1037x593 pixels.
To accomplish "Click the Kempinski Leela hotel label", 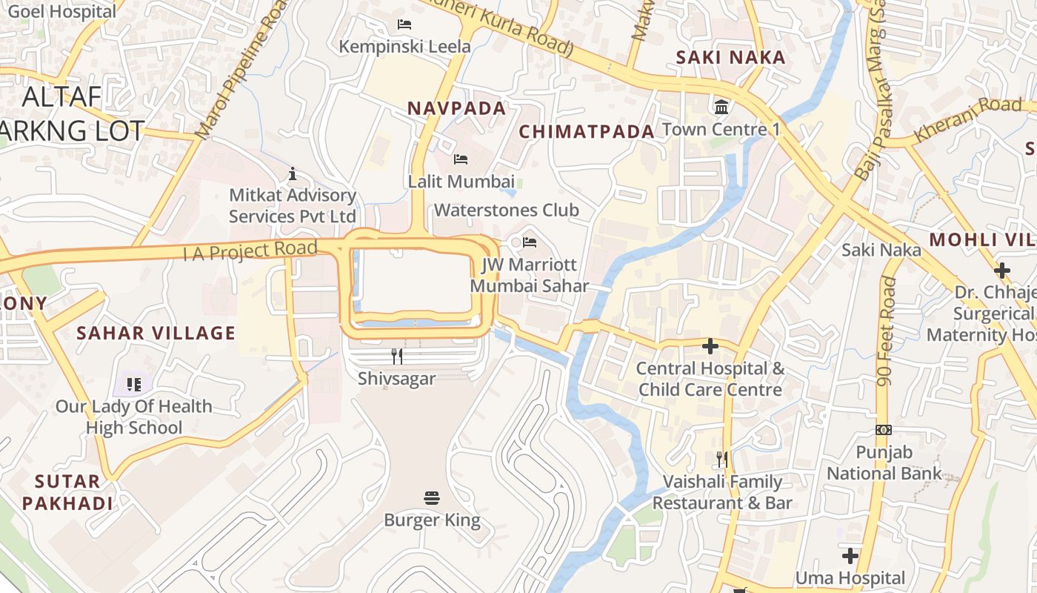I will click(x=404, y=46).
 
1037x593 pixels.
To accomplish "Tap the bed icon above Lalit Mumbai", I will click(x=460, y=159).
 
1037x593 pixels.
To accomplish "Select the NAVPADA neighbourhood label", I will click(x=456, y=108).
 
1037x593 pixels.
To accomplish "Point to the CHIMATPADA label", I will click(x=587, y=132).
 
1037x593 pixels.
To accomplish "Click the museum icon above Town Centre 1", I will click(x=721, y=107).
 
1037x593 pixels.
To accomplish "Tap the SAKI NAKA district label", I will click(x=730, y=57).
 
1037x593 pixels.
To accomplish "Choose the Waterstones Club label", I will click(x=506, y=210).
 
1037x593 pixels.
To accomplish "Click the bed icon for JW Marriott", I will click(x=529, y=242).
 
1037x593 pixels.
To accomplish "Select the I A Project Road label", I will click(x=250, y=251).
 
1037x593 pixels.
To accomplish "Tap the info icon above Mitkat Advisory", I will click(x=293, y=174).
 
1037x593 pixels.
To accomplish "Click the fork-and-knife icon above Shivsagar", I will click(x=397, y=357).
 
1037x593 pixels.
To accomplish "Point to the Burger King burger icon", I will click(x=432, y=497).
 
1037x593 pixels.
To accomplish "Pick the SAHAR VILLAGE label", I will click(x=156, y=333).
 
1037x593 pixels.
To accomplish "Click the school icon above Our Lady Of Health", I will click(x=133, y=384).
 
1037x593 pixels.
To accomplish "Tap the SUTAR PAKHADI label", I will click(x=67, y=492).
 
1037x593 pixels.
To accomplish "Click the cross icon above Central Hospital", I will click(x=710, y=345).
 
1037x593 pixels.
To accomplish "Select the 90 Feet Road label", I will click(x=885, y=331).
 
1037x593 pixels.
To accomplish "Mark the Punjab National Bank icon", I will click(x=883, y=430).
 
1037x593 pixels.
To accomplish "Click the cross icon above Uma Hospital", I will click(x=850, y=555).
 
